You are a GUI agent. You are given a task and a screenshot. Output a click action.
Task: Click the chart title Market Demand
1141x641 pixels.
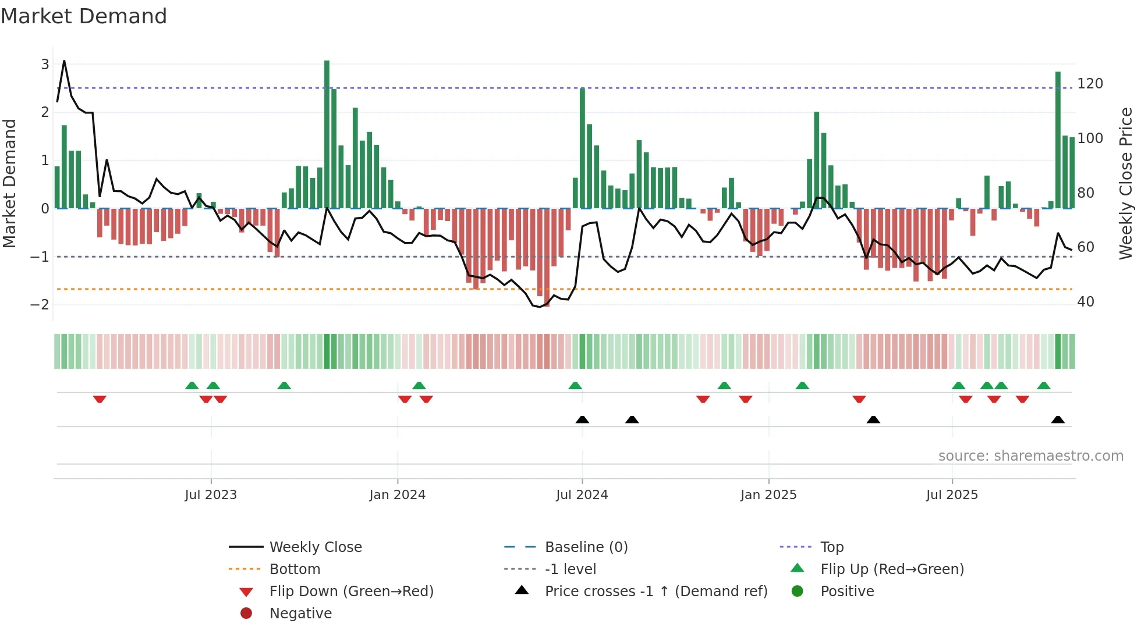tap(84, 16)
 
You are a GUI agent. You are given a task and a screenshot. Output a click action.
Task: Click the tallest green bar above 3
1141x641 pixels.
tap(327, 134)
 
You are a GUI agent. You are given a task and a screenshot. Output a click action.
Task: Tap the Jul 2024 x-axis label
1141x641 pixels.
tap(582, 495)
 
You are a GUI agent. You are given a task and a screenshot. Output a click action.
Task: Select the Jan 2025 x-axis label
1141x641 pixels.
tap(768, 495)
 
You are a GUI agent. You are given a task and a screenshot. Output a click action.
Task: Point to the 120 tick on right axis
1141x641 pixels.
tap(1090, 84)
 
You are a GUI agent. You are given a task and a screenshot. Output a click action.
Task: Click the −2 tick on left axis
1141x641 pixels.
tap(40, 304)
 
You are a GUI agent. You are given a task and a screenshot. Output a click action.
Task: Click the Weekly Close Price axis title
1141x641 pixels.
tap(1126, 183)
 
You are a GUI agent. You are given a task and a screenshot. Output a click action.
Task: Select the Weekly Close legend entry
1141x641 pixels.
tap(315, 547)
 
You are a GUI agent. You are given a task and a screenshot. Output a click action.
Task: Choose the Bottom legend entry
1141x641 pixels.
tap(295, 569)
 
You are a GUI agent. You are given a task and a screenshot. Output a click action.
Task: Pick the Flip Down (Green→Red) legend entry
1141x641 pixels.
tap(351, 591)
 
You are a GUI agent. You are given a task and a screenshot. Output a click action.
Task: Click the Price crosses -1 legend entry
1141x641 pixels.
tap(655, 591)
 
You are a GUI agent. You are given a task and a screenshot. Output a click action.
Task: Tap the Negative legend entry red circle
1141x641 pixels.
tap(246, 613)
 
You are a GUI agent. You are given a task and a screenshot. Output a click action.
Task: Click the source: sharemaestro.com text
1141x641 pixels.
tap(1030, 456)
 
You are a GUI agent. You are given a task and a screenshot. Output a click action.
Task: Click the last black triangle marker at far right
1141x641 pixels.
tap(1058, 420)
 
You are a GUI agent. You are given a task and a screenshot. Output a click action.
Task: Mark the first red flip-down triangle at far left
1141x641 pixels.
tap(100, 399)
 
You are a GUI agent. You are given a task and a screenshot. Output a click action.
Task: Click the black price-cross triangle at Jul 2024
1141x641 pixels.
tap(582, 420)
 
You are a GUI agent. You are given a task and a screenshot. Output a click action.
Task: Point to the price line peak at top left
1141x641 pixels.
tap(64, 61)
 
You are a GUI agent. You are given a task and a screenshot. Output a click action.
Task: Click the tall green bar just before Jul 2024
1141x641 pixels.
tap(582, 148)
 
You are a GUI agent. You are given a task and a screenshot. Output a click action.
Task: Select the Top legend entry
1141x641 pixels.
tap(832, 547)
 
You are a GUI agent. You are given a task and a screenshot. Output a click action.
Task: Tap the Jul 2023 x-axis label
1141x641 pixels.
tap(211, 495)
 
